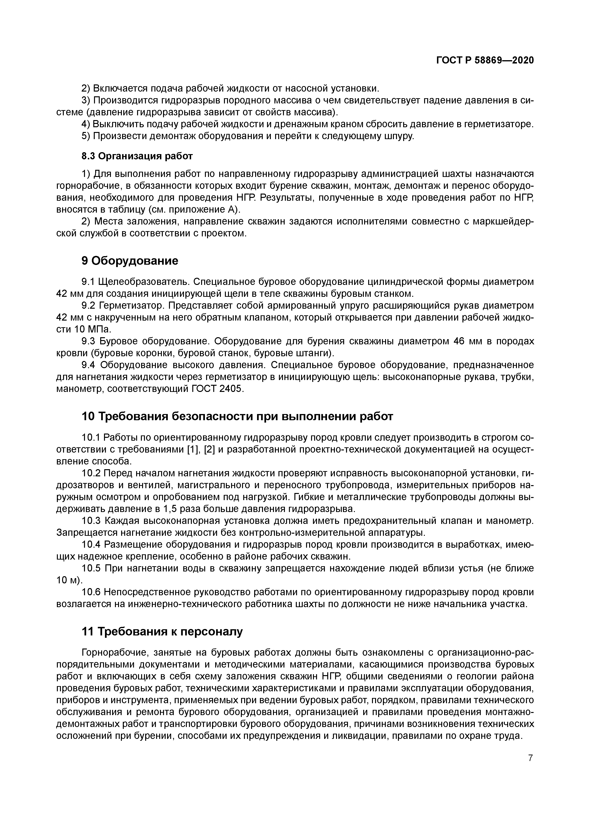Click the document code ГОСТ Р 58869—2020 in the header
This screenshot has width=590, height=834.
pyautogui.click(x=485, y=60)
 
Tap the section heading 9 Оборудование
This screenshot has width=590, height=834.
pyautogui.click(x=130, y=260)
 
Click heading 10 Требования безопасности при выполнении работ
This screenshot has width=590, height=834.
pyautogui.click(x=237, y=416)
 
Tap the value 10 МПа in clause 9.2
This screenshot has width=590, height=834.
pyautogui.click(x=91, y=329)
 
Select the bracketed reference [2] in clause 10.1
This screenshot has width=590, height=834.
pyautogui.click(x=210, y=449)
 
